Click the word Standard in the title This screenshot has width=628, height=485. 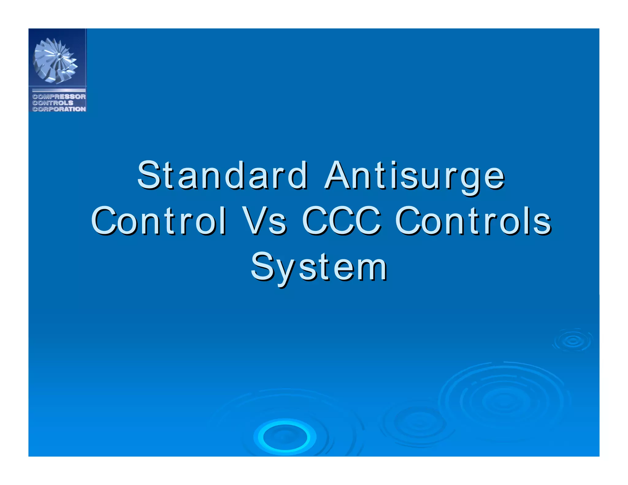click(x=223, y=176)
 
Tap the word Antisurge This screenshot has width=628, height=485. click(x=415, y=176)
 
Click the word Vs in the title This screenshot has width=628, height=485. click(x=264, y=221)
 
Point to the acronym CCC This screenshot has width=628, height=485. click(x=342, y=221)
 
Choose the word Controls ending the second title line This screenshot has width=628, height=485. click(x=473, y=221)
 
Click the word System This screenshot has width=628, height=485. click(x=319, y=267)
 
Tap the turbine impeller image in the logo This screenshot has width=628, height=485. click(x=56, y=60)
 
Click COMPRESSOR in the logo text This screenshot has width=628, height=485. click(x=59, y=97)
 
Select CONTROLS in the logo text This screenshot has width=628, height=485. click(x=53, y=103)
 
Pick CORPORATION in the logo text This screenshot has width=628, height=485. click(x=59, y=109)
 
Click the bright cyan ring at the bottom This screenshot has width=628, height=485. click(x=285, y=437)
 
